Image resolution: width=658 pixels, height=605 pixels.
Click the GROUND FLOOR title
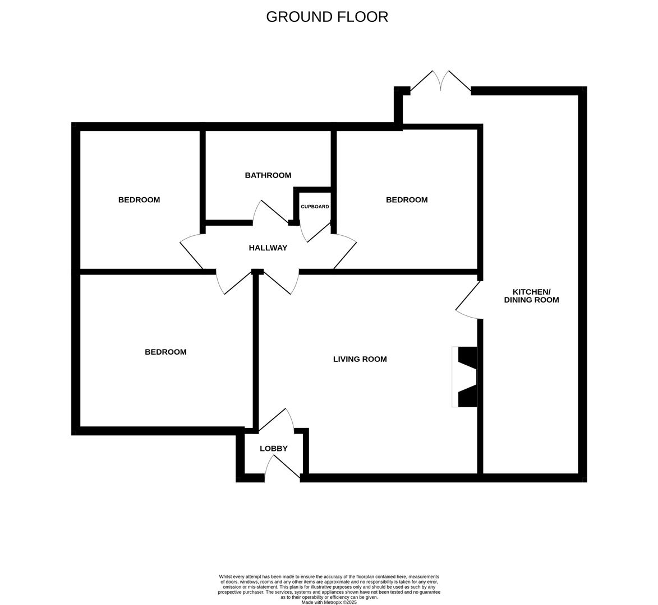coord(327,17)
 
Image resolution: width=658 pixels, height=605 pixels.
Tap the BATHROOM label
coord(268,175)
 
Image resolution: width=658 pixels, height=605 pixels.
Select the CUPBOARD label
coord(315,207)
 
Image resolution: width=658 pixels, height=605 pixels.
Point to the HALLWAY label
coord(268,248)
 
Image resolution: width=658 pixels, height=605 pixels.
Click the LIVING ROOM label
coord(360,359)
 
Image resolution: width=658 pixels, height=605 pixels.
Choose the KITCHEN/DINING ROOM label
coord(531,296)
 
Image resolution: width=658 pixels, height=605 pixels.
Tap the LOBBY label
coord(274,449)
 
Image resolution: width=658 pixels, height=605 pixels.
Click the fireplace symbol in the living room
coord(466,376)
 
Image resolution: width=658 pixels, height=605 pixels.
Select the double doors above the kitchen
coord(441,81)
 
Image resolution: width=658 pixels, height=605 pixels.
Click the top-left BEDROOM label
coord(139,200)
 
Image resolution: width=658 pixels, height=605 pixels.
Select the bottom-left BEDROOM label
coord(165,352)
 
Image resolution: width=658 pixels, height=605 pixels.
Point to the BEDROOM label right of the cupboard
coord(407,200)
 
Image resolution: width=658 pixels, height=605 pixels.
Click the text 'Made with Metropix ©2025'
coord(329,602)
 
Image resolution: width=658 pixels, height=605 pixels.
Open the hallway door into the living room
coord(278,282)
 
